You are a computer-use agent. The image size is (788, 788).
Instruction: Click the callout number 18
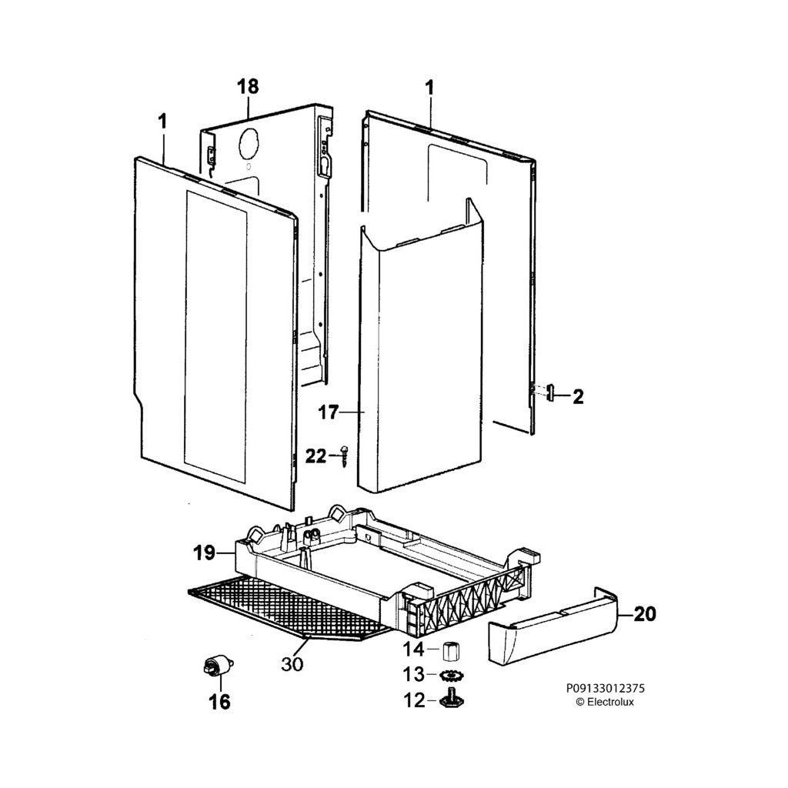[x=248, y=86]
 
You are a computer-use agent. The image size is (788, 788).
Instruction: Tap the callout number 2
[x=578, y=397]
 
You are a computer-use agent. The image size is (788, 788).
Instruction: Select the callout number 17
[x=328, y=413]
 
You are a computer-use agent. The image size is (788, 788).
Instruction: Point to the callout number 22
[x=316, y=456]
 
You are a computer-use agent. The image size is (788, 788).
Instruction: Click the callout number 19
[x=204, y=553]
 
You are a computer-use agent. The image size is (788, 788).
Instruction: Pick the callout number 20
[x=646, y=614]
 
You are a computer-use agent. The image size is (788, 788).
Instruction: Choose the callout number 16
[x=219, y=702]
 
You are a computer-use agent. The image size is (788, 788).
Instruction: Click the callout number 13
[x=414, y=675]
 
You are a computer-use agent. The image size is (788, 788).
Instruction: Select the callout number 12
[x=414, y=700]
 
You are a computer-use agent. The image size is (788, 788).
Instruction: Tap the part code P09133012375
[x=606, y=689]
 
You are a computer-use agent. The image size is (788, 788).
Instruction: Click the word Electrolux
[x=611, y=702]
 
